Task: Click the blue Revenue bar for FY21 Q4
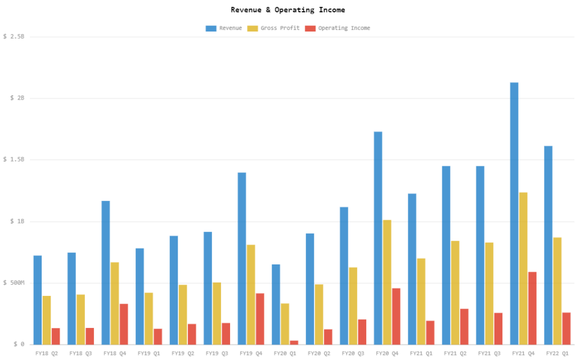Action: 514,213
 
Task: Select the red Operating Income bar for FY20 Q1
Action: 294,341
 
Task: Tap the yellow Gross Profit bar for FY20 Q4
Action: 387,282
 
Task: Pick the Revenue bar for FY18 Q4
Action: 106,272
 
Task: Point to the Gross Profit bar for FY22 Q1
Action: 557,290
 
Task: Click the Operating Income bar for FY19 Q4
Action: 260,318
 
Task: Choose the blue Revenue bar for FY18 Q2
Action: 38,299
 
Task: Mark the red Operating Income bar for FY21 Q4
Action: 532,308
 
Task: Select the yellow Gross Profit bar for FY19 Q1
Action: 149,318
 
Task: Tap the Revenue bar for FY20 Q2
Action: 310,289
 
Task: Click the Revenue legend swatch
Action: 211,28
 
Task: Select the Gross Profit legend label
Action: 280,28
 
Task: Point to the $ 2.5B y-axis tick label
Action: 14,37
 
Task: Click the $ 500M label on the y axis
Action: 14,283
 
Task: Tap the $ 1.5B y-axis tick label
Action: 14,160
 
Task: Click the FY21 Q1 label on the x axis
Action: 421,354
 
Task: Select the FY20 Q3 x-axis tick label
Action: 353,354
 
